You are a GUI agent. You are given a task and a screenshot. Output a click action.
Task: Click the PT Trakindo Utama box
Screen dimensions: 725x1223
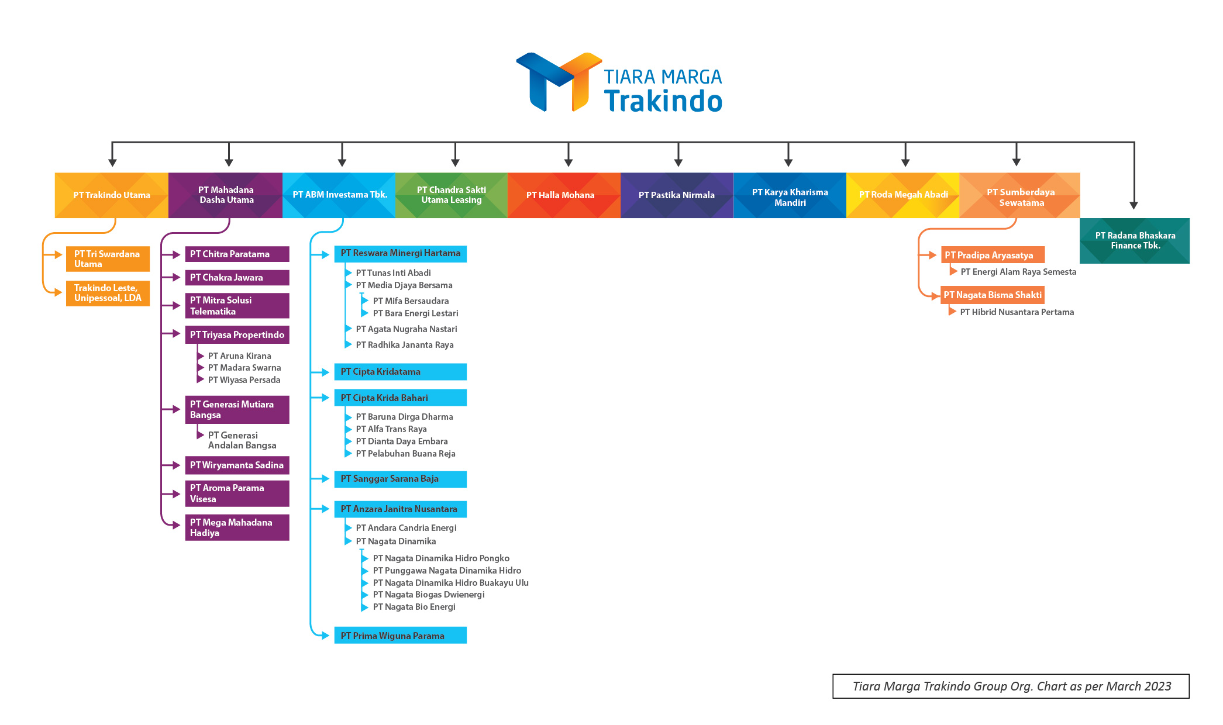[111, 195]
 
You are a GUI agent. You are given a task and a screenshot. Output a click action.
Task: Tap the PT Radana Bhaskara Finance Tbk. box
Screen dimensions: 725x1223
[1134, 241]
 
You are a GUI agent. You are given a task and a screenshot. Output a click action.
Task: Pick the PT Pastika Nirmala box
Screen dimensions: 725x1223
[677, 195]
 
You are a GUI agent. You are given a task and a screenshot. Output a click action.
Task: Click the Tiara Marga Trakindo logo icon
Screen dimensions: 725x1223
[559, 82]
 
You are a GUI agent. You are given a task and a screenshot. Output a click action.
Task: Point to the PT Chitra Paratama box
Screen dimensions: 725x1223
[237, 254]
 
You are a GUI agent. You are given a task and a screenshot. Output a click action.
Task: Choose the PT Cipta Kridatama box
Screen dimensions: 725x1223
[400, 372]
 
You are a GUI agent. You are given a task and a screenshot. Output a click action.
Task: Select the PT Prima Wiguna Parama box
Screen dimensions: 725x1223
[400, 636]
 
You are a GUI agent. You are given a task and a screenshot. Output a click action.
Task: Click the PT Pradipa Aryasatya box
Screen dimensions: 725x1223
[992, 255]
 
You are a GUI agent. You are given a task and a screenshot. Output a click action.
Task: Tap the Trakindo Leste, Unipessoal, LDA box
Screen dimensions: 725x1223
[108, 294]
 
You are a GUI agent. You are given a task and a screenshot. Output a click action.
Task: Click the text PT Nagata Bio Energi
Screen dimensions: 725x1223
[414, 607]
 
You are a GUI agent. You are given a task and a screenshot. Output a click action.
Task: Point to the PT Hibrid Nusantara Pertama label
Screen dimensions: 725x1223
[1017, 312]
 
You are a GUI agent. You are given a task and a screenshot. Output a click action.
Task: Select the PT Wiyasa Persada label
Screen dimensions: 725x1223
[244, 380]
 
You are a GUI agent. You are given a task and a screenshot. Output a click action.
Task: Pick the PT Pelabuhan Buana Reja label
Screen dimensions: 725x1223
[405, 454]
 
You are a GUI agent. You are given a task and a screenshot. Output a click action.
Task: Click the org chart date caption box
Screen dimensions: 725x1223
[1011, 686]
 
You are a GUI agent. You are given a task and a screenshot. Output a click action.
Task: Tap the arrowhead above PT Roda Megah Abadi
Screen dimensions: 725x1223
[905, 162]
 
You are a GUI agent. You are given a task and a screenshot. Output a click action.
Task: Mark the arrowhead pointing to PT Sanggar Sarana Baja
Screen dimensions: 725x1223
[325, 479]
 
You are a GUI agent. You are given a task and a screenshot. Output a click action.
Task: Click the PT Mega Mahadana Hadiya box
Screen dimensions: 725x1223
[237, 527]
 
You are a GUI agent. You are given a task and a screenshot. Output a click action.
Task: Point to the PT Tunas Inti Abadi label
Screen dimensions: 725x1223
[393, 273]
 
